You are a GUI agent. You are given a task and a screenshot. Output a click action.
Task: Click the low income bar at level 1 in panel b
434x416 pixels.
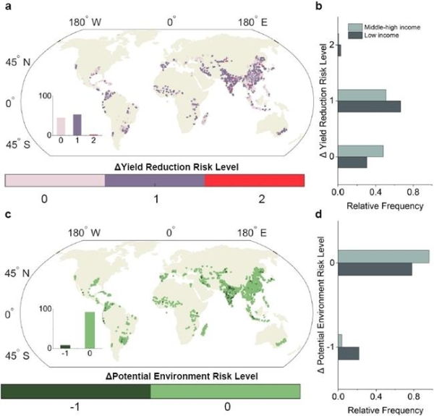coord(369,106)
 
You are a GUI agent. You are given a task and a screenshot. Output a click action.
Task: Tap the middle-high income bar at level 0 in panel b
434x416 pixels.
coord(360,151)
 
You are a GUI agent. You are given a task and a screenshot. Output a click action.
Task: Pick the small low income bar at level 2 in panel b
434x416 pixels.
coord(339,51)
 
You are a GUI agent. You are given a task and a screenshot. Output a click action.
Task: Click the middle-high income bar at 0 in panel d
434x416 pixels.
coord(383,256)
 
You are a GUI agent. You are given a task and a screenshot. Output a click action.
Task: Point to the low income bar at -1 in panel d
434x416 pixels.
coord(348,353)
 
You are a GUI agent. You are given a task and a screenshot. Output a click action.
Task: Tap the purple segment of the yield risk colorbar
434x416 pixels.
coord(155,182)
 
